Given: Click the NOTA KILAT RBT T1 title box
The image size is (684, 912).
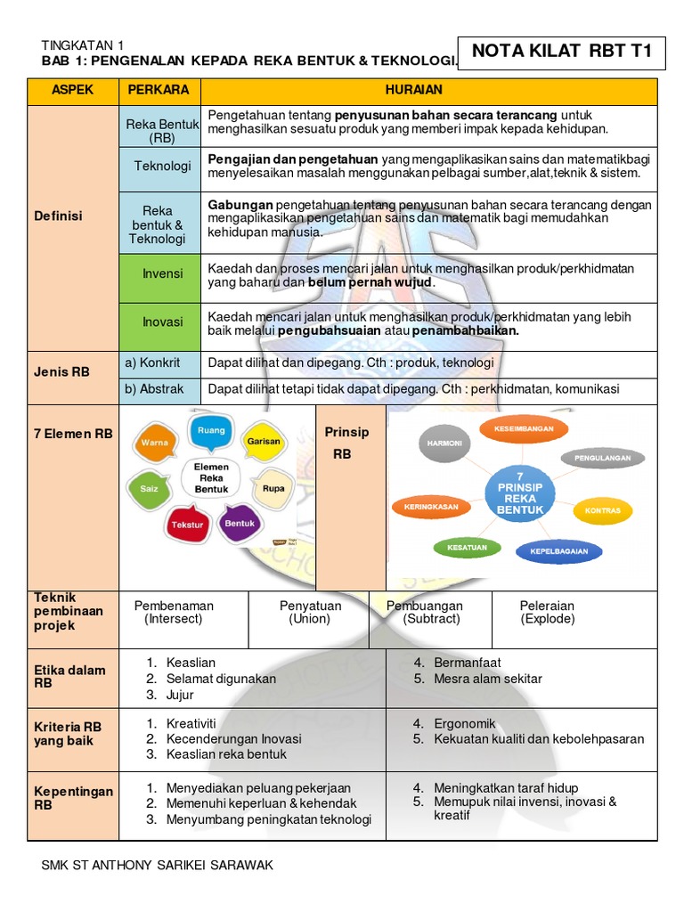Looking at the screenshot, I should (x=561, y=52).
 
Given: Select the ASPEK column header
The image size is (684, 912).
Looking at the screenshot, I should (x=73, y=91).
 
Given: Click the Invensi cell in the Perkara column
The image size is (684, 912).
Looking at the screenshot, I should (x=160, y=274).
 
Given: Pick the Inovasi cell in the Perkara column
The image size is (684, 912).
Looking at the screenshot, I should (x=160, y=322).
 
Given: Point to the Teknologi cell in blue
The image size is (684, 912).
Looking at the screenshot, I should (x=160, y=167).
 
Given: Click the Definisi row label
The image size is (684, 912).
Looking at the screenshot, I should (x=58, y=216).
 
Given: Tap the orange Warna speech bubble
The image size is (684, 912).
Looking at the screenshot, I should (x=156, y=443).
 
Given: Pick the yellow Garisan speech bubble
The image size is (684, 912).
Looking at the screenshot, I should (x=264, y=441).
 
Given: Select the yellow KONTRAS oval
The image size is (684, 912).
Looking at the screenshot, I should (x=602, y=510).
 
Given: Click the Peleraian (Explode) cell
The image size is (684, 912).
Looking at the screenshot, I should (x=547, y=612).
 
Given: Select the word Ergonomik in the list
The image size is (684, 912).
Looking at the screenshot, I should (x=465, y=724).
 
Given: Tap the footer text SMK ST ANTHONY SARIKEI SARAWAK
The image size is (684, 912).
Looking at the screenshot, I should (x=158, y=865).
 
